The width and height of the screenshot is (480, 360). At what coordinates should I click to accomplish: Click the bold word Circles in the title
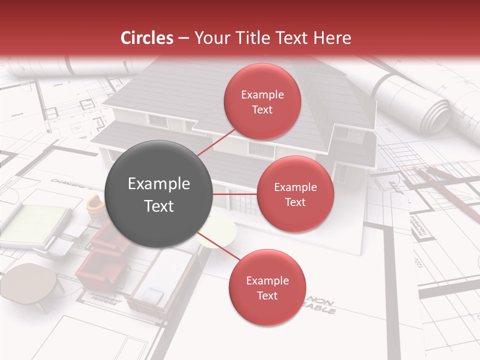coord(147,38)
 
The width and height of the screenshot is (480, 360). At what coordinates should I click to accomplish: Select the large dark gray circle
coord(158,194)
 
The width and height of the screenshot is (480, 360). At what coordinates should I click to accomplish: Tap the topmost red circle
coord(262,101)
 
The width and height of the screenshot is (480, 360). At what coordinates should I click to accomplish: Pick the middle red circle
coord(295,194)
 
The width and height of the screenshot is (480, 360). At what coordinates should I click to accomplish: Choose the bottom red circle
coord(267,287)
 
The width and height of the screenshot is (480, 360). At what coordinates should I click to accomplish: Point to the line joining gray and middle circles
coord(234,194)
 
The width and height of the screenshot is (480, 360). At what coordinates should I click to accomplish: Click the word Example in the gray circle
coord(158,184)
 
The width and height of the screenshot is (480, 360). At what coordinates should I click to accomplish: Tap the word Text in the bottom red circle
coord(267,295)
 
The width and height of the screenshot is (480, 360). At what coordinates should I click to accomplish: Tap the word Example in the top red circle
coord(262,95)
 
